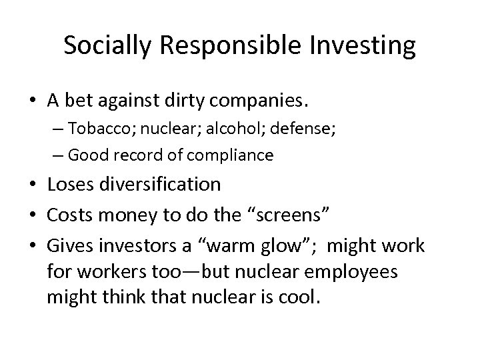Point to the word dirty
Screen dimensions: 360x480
[x=190, y=102]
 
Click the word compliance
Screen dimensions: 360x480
[x=231, y=156]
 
